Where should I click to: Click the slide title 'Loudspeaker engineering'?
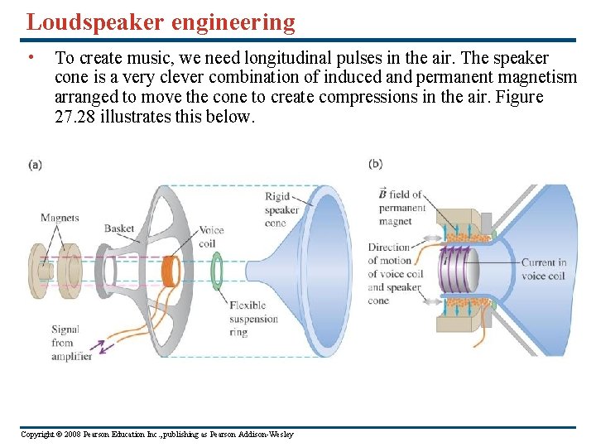click(x=161, y=22)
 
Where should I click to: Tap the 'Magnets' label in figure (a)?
click(x=60, y=219)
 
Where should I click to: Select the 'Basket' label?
click(x=119, y=229)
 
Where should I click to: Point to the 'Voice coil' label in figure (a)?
click(x=210, y=237)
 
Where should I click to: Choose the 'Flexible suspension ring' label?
click(x=254, y=319)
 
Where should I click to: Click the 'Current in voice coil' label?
click(x=544, y=269)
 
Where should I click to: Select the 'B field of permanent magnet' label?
click(x=401, y=208)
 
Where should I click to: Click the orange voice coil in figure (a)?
click(x=171, y=271)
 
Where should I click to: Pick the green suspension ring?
click(x=217, y=272)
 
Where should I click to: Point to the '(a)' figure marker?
click(x=35, y=165)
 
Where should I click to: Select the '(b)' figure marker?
click(x=376, y=165)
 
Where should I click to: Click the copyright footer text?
click(x=156, y=435)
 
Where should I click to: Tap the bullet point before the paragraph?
click(x=30, y=58)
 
